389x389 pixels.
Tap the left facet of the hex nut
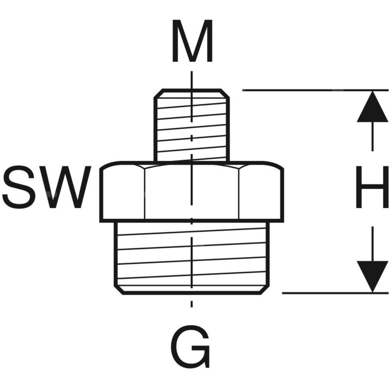tap(123, 193)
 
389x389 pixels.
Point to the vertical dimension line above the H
tap(373, 136)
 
